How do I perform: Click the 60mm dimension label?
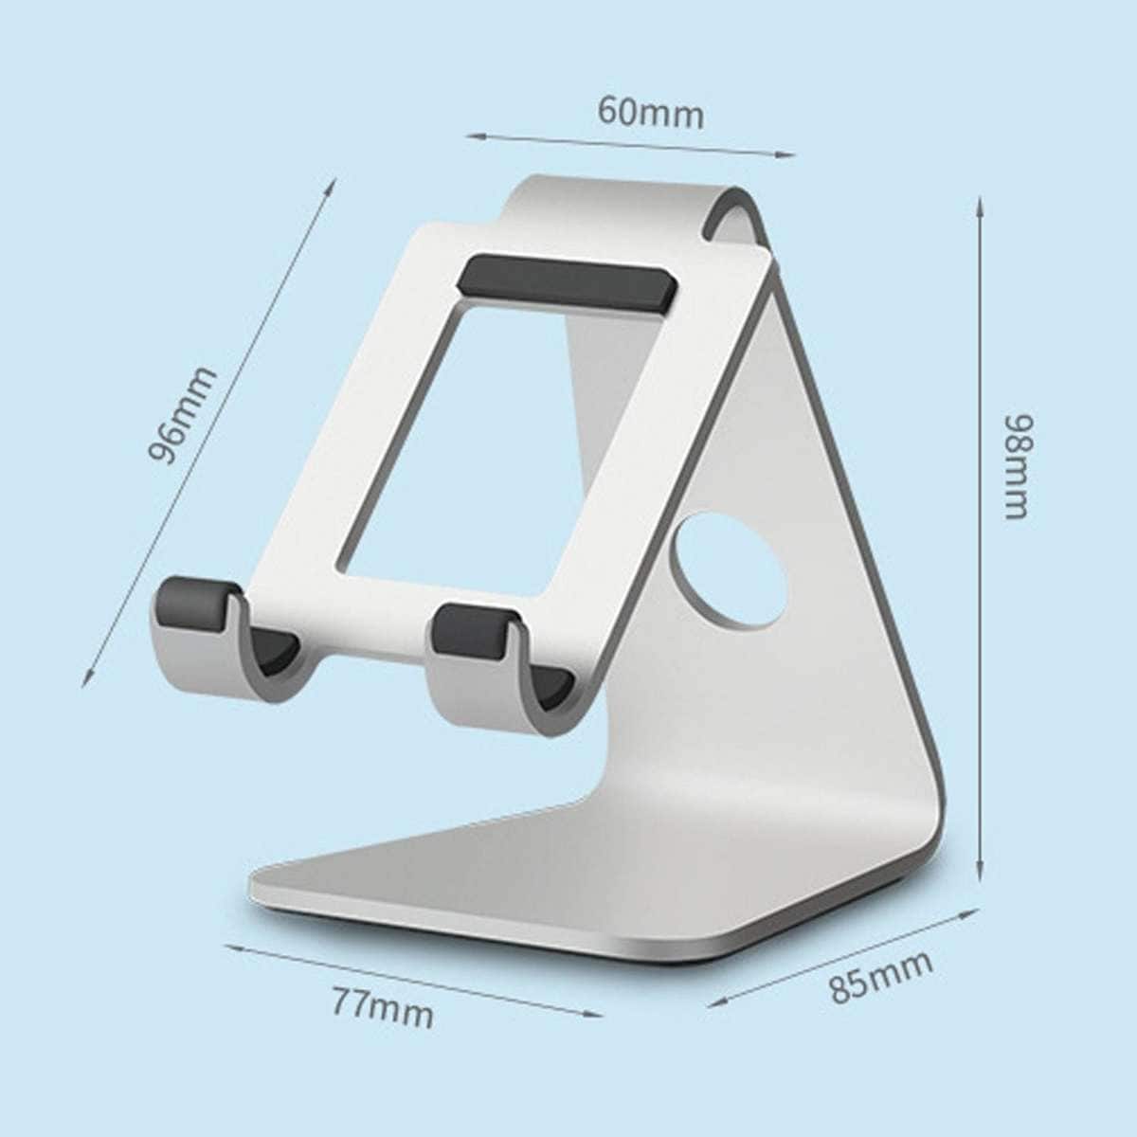(x=650, y=113)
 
